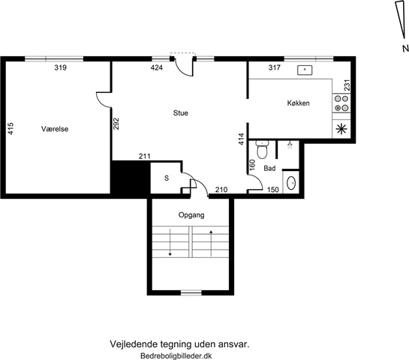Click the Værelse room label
(55, 129)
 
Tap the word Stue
(181, 112)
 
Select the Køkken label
(299, 103)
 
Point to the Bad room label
(269, 168)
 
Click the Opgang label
(191, 215)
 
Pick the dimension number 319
(61, 67)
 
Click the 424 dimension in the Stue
(157, 67)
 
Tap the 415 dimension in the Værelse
(11, 128)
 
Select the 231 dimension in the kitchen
(347, 85)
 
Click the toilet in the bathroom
(262, 149)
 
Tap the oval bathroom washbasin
(291, 183)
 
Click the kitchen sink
(305, 70)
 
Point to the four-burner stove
(341, 103)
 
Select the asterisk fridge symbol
(341, 129)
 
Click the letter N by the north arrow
(405, 48)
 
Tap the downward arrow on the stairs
(170, 242)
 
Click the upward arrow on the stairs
(211, 243)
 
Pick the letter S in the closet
(167, 178)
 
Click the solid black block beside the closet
(131, 178)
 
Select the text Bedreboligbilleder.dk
(176, 355)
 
